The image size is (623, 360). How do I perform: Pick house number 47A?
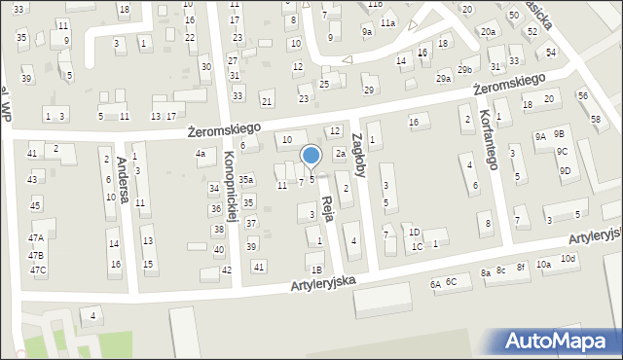pyautogui.click(x=36, y=238)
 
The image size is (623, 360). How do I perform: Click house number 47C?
pyautogui.click(x=37, y=270)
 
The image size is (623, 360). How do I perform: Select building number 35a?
pyautogui.click(x=247, y=180)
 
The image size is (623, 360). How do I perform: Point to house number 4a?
pyautogui.click(x=201, y=154)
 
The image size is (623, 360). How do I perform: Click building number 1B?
pyautogui.click(x=315, y=270)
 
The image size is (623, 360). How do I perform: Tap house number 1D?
pyautogui.click(x=414, y=233)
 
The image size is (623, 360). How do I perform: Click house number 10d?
pyautogui.click(x=568, y=258)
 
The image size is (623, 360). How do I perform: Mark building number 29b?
pyautogui.click(x=466, y=70)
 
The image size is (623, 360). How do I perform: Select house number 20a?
pyautogui.click(x=487, y=32)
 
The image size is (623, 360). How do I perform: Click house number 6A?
pyautogui.click(x=435, y=284)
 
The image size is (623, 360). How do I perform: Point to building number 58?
pyautogui.click(x=595, y=118)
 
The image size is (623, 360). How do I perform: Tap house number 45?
pyautogui.click(x=35, y=205)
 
